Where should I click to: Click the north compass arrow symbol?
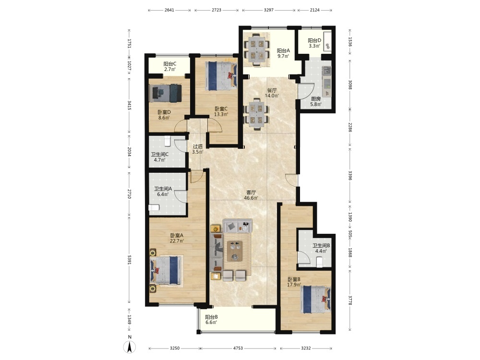coord(130,347)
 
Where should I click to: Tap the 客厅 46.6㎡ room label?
coord(251,195)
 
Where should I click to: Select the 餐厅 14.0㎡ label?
coord(272,93)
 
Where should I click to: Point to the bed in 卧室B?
coord(316,299)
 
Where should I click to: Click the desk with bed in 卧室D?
coord(166,93)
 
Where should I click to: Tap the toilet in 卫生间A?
coord(154,207)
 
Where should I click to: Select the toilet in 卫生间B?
coord(319,262)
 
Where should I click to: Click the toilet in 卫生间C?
coord(167,141)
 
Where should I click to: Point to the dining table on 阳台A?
coord(256,49)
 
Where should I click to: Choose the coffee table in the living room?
coord(235,251)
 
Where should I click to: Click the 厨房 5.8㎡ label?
coord(316,101)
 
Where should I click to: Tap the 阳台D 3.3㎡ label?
coord(314,43)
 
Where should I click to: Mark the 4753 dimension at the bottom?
coord(238,348)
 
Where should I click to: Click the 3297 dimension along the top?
coord(269,10)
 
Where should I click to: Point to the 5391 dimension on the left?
coord(130,260)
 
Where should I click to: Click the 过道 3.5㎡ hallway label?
coord(197,149)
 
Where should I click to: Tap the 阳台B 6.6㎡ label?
coord(211,320)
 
